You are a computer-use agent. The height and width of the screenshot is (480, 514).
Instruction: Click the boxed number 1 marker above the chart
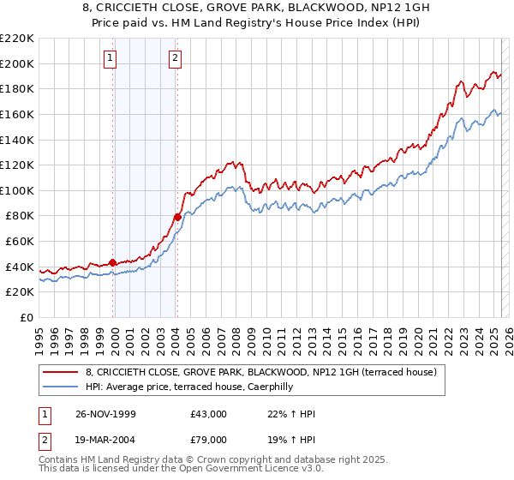click(111, 58)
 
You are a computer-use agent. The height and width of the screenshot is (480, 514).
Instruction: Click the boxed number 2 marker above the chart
click(175, 58)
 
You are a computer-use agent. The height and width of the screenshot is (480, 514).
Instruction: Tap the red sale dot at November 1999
click(113, 263)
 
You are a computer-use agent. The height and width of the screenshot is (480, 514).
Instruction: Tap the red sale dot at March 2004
click(177, 217)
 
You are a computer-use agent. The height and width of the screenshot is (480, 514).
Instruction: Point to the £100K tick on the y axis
click(19, 190)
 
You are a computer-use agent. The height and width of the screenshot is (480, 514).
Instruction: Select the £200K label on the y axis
click(19, 63)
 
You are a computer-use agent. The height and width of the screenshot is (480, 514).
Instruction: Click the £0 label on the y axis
click(26, 318)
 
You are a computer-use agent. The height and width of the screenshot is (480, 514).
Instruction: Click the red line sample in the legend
click(62, 373)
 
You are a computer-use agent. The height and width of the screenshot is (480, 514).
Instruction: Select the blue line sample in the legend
click(62, 387)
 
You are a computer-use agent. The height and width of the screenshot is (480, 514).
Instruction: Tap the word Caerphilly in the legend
click(266, 387)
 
